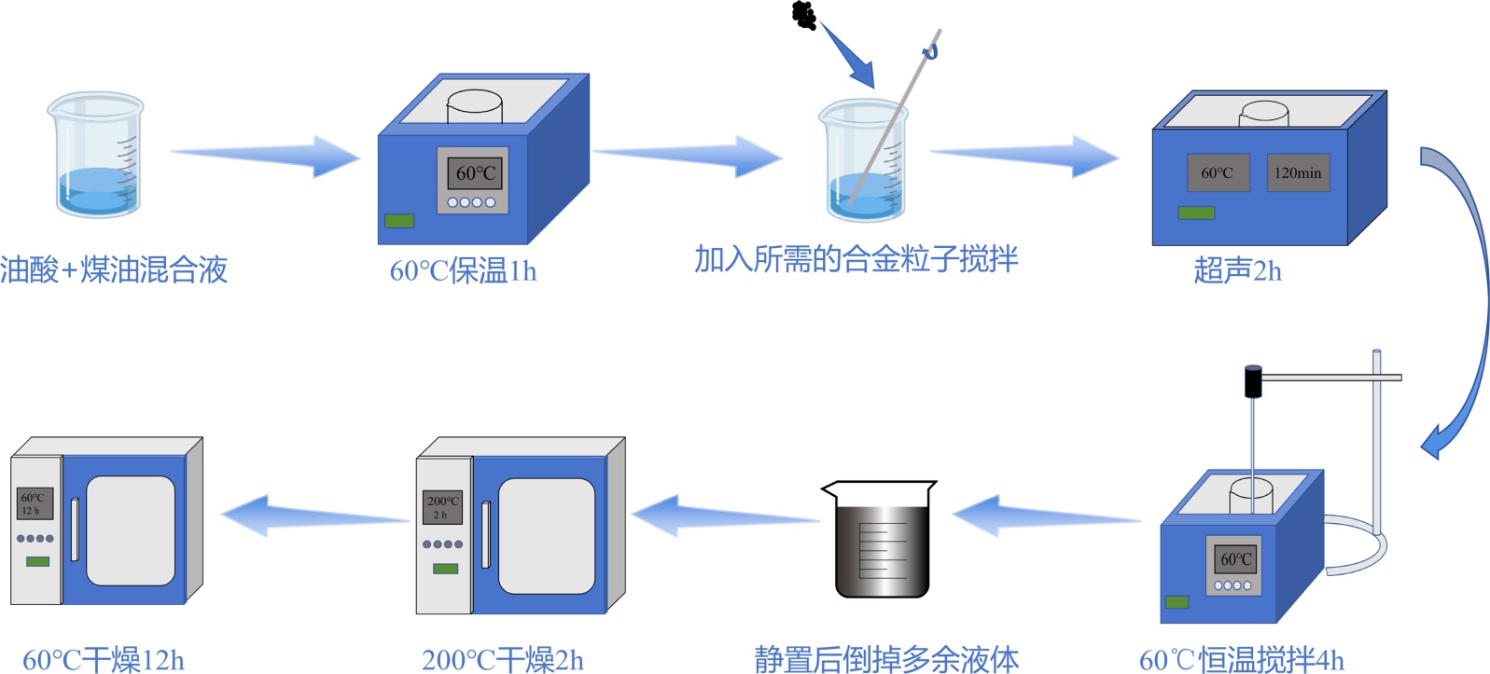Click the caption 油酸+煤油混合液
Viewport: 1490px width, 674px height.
[114, 269]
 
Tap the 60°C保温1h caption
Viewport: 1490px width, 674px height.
[463, 271]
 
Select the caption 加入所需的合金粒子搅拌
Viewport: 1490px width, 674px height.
[856, 259]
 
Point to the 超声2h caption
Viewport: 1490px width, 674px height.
[1237, 271]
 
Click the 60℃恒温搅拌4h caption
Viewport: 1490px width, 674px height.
[1241, 660]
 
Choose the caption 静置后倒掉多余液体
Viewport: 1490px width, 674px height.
[886, 660]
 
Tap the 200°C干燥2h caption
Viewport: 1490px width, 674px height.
[503, 660]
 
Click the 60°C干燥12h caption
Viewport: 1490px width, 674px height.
[104, 660]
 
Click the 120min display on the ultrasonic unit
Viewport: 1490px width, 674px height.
[1298, 172]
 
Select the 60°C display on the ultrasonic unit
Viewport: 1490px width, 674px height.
[1218, 172]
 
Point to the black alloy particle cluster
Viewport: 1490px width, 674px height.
[804, 15]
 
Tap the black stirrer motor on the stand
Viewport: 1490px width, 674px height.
[1253, 381]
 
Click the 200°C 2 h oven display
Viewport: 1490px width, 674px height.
[442, 508]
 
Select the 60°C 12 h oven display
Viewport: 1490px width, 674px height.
[35, 503]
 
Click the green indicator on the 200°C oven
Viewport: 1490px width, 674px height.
[445, 569]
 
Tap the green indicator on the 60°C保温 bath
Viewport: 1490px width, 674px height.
[399, 221]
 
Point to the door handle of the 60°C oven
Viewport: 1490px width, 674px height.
[75, 530]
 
